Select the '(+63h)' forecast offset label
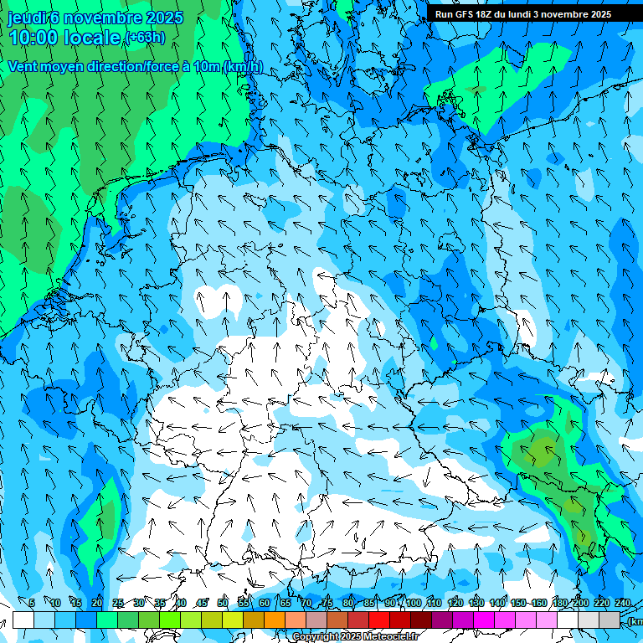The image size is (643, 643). tap(145, 38)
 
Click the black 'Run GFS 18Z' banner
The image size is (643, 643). tap(523, 14)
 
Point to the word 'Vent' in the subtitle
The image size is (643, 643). tap(23, 67)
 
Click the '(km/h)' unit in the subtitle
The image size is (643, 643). tap(243, 67)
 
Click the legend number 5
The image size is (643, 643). tap(32, 604)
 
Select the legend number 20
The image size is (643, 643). tap(97, 604)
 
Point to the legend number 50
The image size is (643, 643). tap(223, 604)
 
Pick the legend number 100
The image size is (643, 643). tap(413, 604)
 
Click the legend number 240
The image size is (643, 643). tap(622, 604)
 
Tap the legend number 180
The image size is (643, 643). tap(559, 604)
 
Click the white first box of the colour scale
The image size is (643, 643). tap(23, 620)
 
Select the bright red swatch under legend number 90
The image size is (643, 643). tap(379, 620)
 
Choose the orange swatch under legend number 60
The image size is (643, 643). tap(275, 620)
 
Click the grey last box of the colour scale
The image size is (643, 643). tap(610, 620)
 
